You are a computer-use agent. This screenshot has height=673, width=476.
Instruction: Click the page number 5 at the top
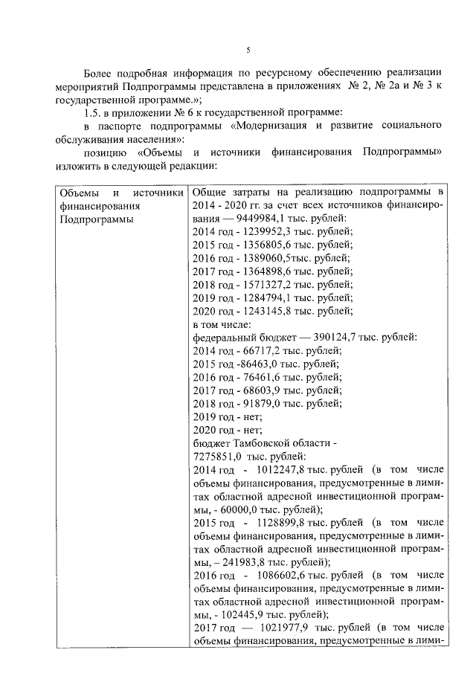248,50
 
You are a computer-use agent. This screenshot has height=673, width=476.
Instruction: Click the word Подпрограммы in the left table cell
96,219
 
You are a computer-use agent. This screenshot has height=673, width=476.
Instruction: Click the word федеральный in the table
224,338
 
